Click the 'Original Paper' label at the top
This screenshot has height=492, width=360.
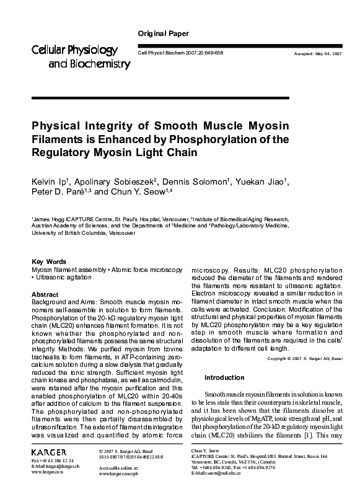162,33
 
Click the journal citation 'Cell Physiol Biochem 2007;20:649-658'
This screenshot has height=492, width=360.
179,54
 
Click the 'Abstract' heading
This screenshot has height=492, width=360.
45,294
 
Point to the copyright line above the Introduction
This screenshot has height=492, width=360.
304,359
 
